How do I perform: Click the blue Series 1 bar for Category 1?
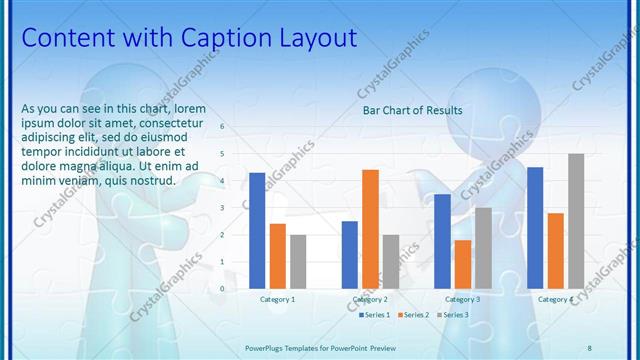pyautogui.click(x=257, y=230)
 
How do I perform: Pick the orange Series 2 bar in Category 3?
pyautogui.click(x=462, y=264)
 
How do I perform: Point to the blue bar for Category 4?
pyautogui.click(x=535, y=227)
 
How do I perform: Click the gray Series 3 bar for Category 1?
pyautogui.click(x=298, y=261)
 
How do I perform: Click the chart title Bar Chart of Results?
pyautogui.click(x=412, y=110)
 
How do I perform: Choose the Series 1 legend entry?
pyautogui.click(x=374, y=315)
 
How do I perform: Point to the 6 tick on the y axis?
pyautogui.click(x=222, y=127)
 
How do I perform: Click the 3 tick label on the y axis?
pyautogui.click(x=222, y=208)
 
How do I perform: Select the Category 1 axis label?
pyautogui.click(x=277, y=299)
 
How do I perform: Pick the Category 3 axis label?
pyautogui.click(x=462, y=299)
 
